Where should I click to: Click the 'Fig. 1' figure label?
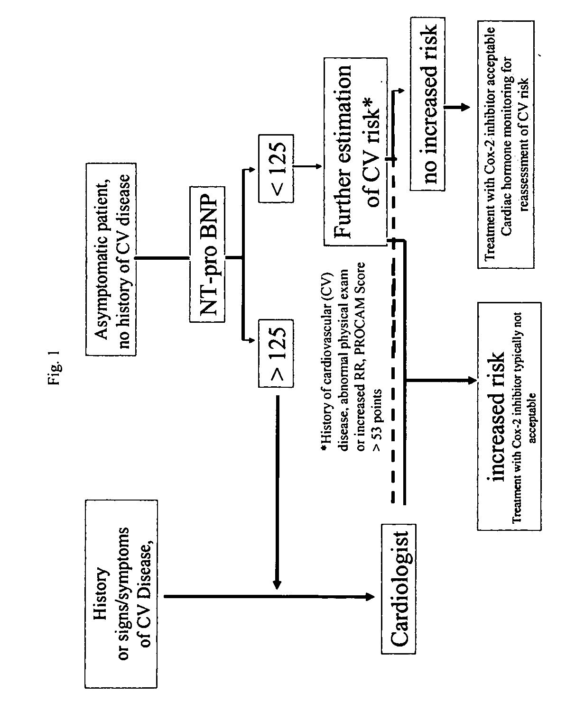[x=53, y=368]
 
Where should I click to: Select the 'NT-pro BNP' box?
[x=207, y=255]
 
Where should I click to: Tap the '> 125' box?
[x=276, y=354]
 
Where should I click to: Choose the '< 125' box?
[x=276, y=168]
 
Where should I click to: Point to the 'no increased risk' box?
[x=427, y=104]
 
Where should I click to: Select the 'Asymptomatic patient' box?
[x=111, y=259]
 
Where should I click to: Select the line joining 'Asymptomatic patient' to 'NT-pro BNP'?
[x=163, y=258]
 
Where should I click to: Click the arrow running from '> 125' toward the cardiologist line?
[x=277, y=492]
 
